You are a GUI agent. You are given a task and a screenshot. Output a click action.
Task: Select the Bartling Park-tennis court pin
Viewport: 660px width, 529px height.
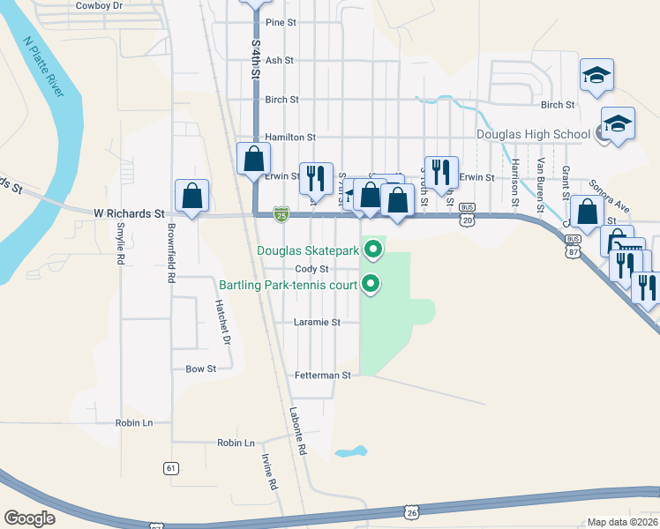[x=372, y=284]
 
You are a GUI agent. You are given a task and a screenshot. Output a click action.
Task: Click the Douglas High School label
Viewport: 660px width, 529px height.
[x=533, y=135]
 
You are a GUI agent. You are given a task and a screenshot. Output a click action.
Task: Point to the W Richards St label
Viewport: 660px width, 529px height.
[x=129, y=213]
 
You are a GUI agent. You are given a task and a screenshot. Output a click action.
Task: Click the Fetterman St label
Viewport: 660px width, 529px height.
[x=323, y=375]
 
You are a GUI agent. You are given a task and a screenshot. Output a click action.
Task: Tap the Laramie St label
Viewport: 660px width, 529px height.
[x=317, y=323]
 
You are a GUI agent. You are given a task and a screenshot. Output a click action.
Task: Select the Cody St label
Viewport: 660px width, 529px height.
[x=311, y=269]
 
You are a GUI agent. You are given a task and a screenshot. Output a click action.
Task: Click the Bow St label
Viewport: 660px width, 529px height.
[x=200, y=369]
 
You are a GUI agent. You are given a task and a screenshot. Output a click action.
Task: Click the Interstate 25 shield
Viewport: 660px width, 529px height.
[x=281, y=214]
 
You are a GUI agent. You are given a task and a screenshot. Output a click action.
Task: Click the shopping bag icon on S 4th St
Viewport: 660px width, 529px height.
[x=254, y=160]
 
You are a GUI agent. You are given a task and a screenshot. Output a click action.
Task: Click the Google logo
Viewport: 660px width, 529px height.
[x=29, y=518]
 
